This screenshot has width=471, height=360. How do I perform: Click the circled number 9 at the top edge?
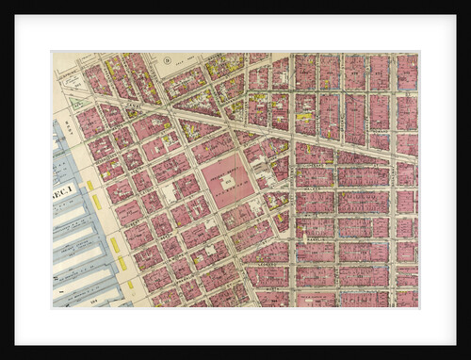tap(167, 60)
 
